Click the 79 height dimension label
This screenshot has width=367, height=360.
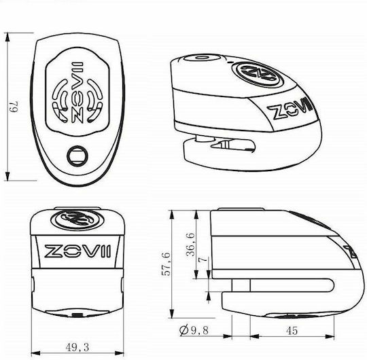(x=14, y=107)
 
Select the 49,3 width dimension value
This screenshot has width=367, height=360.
(x=77, y=348)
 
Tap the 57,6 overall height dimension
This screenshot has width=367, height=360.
(x=167, y=264)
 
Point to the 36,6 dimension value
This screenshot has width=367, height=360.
(x=191, y=245)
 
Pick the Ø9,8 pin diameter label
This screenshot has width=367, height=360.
(x=194, y=330)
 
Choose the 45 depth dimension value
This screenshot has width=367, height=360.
(x=292, y=331)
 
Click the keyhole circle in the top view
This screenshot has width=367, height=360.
(x=77, y=156)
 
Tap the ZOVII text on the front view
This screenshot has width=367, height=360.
(x=77, y=251)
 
